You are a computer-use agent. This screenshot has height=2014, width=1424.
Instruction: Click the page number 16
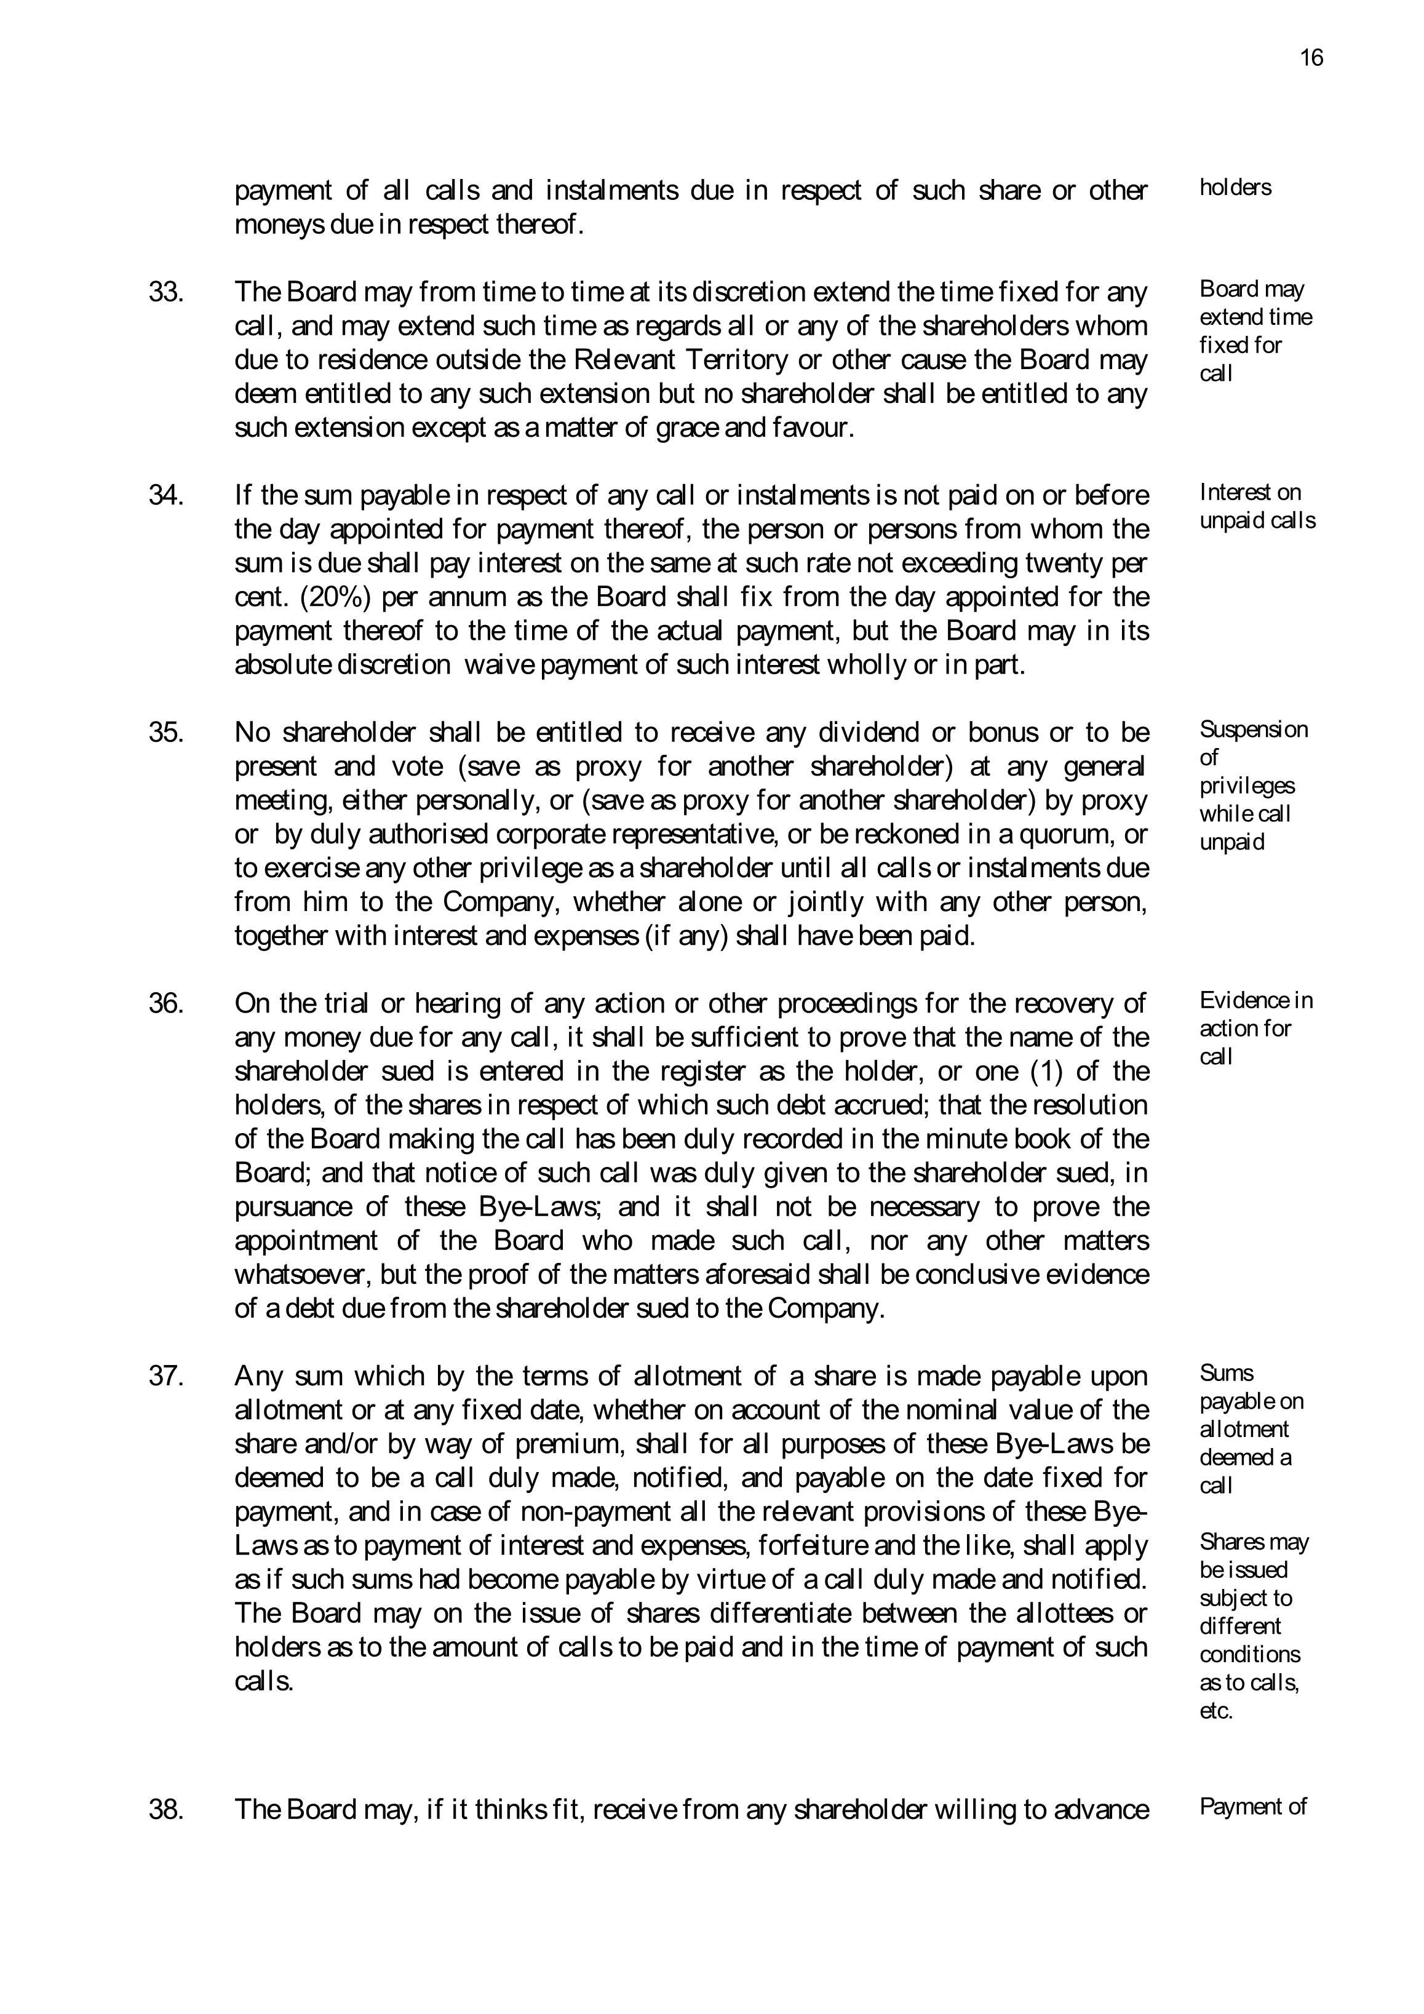coord(1311,58)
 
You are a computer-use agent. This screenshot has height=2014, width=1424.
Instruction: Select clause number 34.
coord(166,496)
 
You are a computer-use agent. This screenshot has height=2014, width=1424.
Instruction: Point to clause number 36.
coord(166,1003)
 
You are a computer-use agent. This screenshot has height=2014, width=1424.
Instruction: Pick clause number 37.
coord(166,1375)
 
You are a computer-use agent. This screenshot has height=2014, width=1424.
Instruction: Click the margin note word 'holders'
coord(1235,188)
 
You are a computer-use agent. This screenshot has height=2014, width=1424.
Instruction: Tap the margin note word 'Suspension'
coord(1253,730)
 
